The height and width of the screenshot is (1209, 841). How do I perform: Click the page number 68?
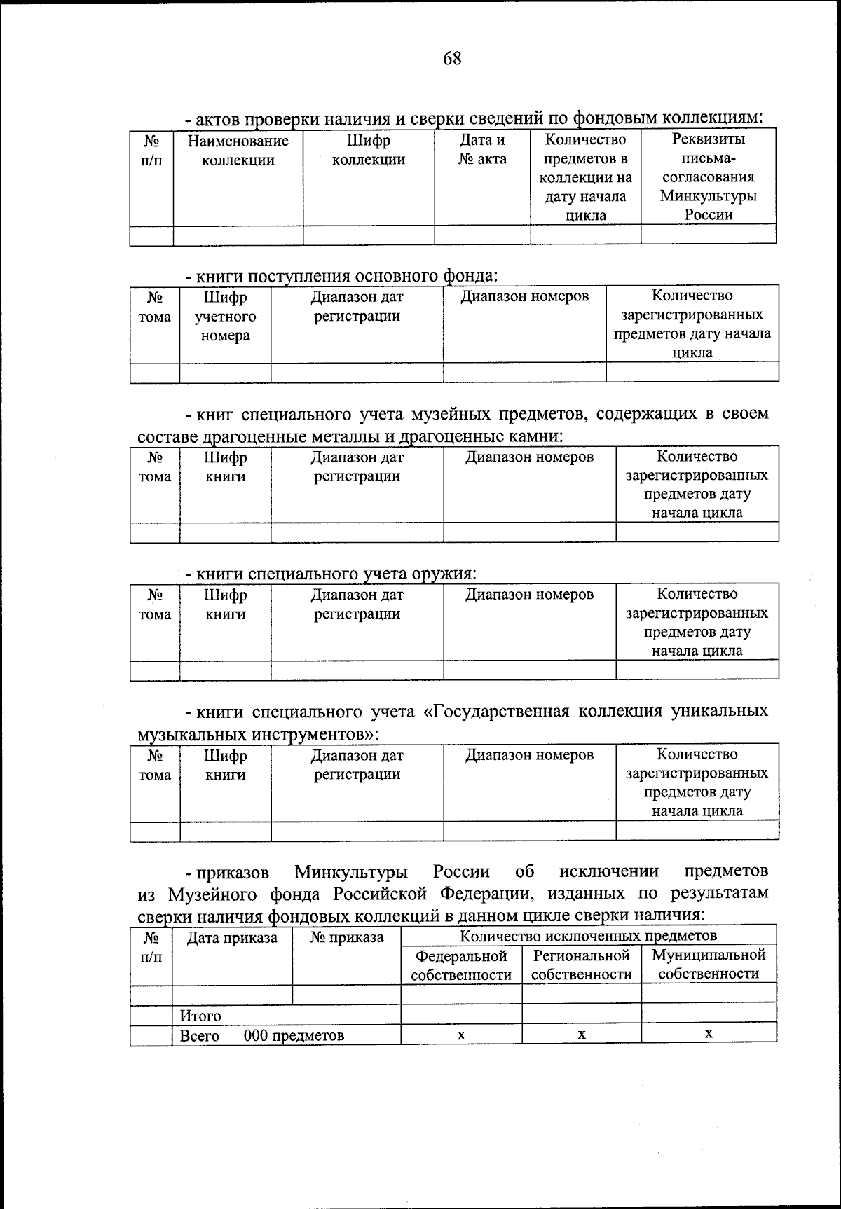coord(452,58)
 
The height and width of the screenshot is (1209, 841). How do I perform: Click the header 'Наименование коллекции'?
coord(238,151)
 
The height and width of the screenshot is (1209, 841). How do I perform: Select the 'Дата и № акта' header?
coord(482,150)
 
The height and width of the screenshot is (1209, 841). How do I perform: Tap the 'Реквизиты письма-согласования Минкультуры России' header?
coord(709,177)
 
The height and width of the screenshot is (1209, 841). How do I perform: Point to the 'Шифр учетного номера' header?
coord(225,317)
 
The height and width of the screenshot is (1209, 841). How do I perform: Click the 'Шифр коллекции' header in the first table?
coord(368,150)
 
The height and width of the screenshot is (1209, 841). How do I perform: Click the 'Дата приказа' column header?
coord(232,937)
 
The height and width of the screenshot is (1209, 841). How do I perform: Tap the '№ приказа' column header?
coord(346,937)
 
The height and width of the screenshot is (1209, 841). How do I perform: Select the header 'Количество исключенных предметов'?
coord(588,935)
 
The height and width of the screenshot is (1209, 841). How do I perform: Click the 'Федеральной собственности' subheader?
coord(461,965)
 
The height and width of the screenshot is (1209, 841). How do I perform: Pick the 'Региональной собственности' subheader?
coord(582,965)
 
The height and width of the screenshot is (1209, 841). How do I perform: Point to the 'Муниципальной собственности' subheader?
coord(709,964)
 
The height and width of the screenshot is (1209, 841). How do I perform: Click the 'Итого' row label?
coord(200,1016)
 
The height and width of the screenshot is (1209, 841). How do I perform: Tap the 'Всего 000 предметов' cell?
coord(262,1035)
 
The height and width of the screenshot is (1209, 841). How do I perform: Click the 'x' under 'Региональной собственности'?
coord(582,1034)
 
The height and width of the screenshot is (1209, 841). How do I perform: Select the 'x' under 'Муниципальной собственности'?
coord(709,1033)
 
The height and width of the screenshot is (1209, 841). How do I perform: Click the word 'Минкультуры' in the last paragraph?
coord(351,872)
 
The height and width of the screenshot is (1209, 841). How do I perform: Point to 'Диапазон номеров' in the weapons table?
coord(530,595)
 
